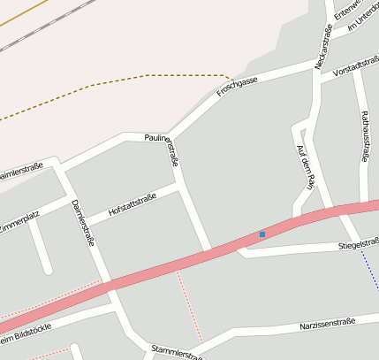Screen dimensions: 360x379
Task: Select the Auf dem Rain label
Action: [305, 168]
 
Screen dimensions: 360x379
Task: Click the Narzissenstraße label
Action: [327, 324]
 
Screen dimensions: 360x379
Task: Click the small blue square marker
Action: [262, 234]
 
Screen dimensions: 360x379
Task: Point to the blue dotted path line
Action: [370, 269]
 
